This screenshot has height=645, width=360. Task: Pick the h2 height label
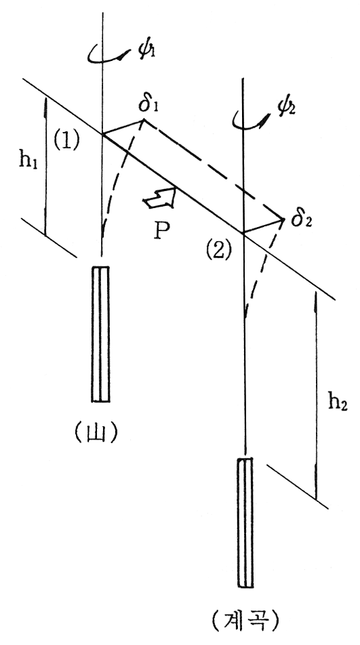pos(338,403)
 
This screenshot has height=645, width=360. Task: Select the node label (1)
pos(66,141)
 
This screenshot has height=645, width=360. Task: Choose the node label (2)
pos(219,250)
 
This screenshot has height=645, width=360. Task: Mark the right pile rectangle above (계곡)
pos(245,522)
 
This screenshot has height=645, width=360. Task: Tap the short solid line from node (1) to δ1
pos(123,127)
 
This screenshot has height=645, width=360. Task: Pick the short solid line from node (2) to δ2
pos(263,226)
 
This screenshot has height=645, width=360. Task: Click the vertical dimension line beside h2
pos(315,396)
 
